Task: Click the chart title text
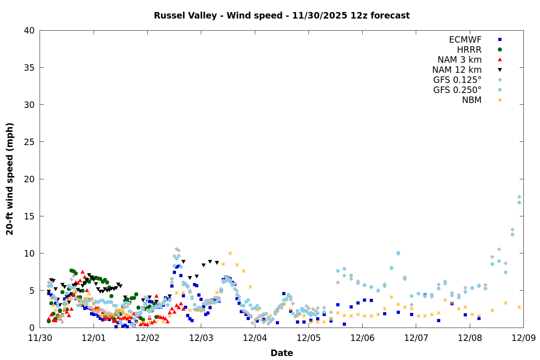tap(282, 15)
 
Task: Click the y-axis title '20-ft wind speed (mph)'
tap(10, 179)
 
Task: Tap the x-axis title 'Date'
tap(282, 353)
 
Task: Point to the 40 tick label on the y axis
tap(29, 31)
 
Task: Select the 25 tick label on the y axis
tap(29, 142)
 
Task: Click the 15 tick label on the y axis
tap(29, 216)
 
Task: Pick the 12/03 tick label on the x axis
tap(201, 338)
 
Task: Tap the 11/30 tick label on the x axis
tap(40, 338)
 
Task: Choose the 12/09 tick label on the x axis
tap(523, 338)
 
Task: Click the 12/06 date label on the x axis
tap(362, 338)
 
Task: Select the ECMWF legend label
tap(465, 40)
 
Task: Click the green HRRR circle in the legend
tap(500, 50)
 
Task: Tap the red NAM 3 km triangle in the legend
tap(500, 60)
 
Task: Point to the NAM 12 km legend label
tap(457, 70)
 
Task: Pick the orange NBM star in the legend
tap(500, 100)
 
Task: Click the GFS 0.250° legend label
tap(457, 90)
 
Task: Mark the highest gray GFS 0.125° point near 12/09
tap(519, 197)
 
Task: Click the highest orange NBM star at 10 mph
tap(230, 253)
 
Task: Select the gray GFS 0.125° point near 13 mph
tap(512, 229)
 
